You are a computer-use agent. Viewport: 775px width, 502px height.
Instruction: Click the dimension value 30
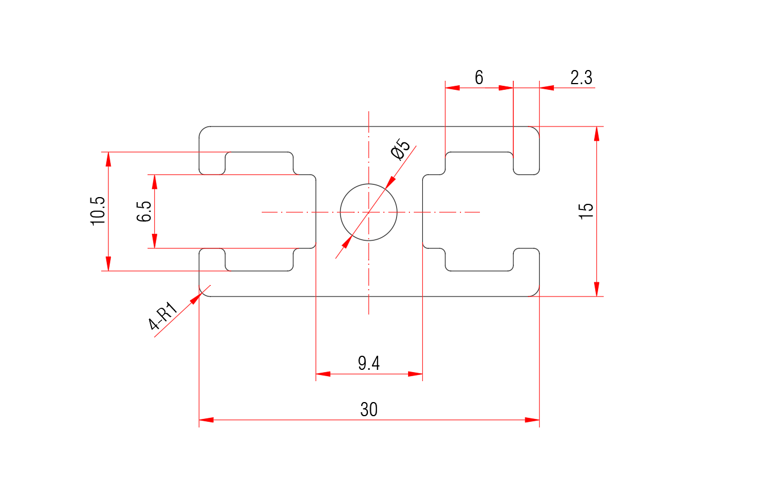(x=369, y=409)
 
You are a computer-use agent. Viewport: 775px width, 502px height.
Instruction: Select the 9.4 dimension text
(x=369, y=364)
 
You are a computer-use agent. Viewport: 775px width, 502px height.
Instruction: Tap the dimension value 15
(x=586, y=211)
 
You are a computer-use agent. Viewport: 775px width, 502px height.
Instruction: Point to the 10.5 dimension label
(x=98, y=211)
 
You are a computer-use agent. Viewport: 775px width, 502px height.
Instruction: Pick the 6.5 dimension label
(x=144, y=211)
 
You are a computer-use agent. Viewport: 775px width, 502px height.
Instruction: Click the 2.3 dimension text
(x=581, y=78)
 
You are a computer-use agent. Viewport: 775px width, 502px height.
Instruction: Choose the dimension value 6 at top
(x=479, y=77)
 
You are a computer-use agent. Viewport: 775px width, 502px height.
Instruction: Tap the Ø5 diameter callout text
(x=400, y=150)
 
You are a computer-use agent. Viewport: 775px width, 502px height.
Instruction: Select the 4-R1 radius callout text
(x=163, y=316)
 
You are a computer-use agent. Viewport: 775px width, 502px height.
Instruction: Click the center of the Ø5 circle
(x=369, y=212)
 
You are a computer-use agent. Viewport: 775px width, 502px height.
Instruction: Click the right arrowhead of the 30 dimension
(x=532, y=420)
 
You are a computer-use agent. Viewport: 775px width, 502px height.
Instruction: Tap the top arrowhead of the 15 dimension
(x=596, y=134)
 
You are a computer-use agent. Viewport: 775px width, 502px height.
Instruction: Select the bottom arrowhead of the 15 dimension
(x=596, y=289)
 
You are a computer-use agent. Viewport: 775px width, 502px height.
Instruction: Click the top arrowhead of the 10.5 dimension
(x=108, y=159)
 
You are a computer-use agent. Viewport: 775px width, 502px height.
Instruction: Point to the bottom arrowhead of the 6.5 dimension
(x=154, y=241)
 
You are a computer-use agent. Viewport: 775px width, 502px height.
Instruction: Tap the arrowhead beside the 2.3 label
(x=547, y=88)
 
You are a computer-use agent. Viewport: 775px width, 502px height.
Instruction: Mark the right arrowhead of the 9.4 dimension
(x=415, y=374)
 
